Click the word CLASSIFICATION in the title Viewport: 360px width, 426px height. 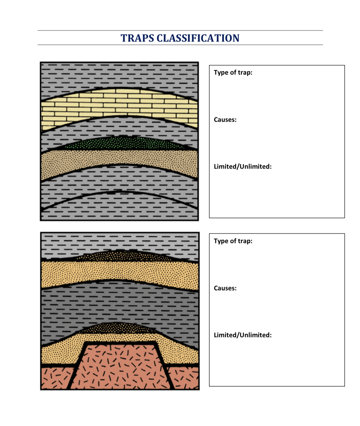[198, 38]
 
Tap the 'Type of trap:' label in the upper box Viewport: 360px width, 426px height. [233, 73]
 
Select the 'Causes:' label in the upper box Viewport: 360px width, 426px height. [225, 120]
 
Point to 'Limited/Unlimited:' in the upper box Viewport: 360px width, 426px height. [243, 167]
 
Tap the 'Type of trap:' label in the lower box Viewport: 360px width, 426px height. [233, 241]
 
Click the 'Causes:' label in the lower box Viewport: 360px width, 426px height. [225, 288]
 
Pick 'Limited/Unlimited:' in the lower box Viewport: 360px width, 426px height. [243, 335]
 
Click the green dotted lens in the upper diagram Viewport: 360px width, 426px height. [121, 143]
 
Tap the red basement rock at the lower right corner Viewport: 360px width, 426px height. [185, 378]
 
